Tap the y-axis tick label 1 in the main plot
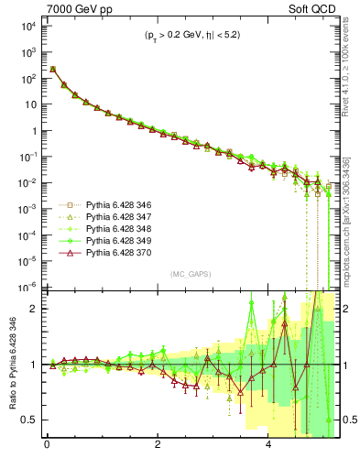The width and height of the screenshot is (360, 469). point(32,131)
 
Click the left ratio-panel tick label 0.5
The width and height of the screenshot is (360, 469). point(28,420)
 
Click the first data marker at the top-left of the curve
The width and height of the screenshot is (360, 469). point(53,69)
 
